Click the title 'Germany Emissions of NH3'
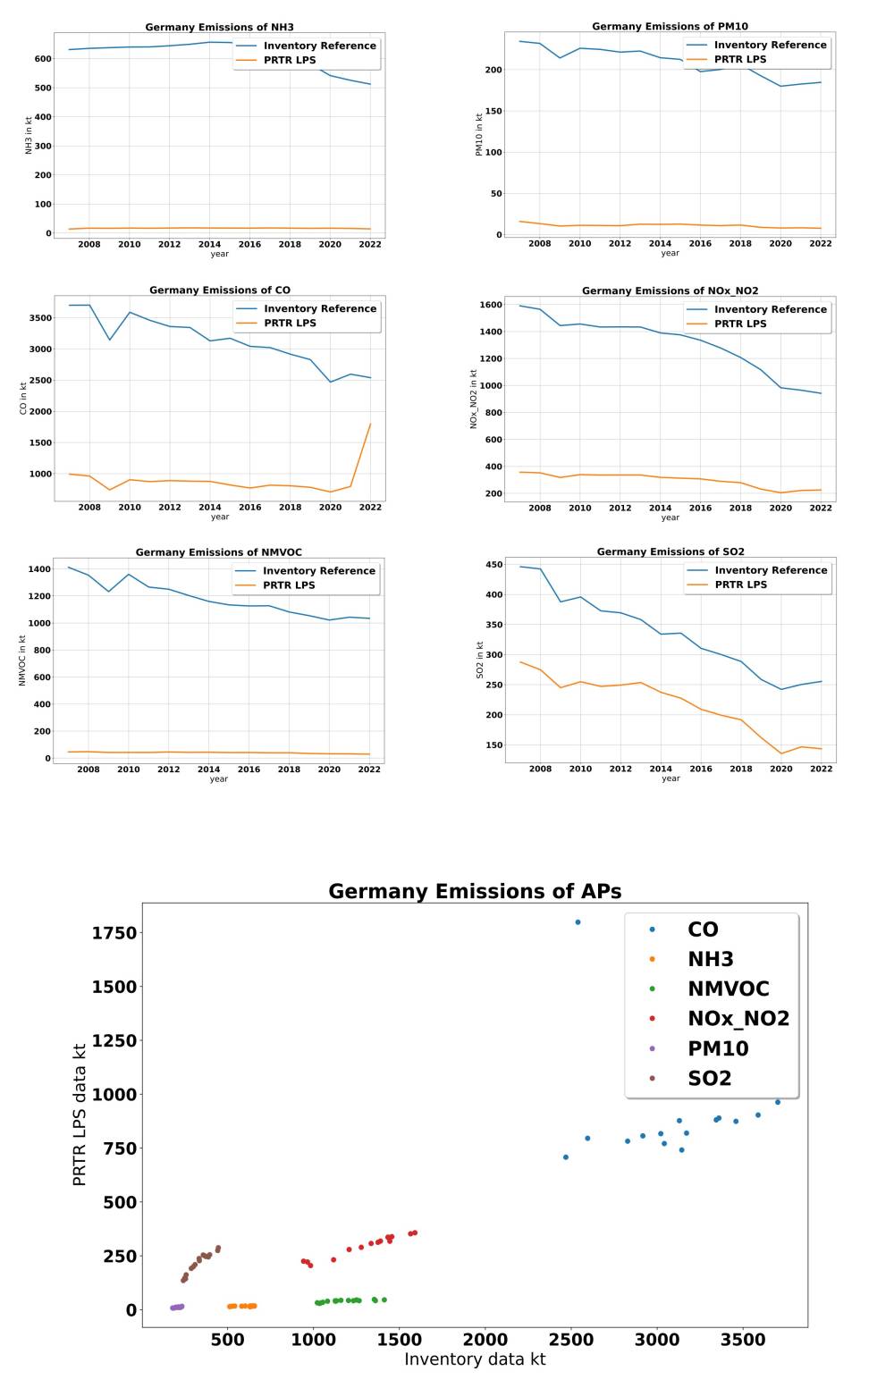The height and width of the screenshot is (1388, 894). pos(219,28)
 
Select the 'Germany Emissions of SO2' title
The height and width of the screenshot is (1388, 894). pos(670,551)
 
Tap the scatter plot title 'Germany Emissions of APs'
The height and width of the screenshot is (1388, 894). pos(475,891)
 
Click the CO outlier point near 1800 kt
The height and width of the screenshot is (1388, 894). pos(578,922)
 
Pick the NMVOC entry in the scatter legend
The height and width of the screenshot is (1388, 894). pos(728,988)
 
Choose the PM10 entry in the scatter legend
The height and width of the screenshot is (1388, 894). pos(718,1048)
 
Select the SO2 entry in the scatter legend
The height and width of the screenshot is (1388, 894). pos(709,1079)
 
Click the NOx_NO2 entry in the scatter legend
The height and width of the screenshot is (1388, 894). pos(738,1019)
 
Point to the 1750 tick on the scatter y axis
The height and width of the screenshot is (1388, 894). pos(114,933)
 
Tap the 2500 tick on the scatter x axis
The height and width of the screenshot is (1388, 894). pos(570,1341)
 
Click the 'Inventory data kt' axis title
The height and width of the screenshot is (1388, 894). pos(475,1359)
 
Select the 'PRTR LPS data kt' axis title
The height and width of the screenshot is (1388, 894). pos(80,1115)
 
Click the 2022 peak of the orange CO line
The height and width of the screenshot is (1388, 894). pos(370,425)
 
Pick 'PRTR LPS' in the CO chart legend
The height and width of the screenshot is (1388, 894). pos(290,324)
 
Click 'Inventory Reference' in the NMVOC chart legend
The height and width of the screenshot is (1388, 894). pos(319,571)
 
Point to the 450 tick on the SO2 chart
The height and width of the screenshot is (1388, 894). pos(491,565)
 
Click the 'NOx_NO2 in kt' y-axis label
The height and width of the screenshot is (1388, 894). pos(475,399)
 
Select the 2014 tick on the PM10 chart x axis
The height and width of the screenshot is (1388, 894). pos(660,244)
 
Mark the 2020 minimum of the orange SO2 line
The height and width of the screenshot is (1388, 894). pos(780,753)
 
